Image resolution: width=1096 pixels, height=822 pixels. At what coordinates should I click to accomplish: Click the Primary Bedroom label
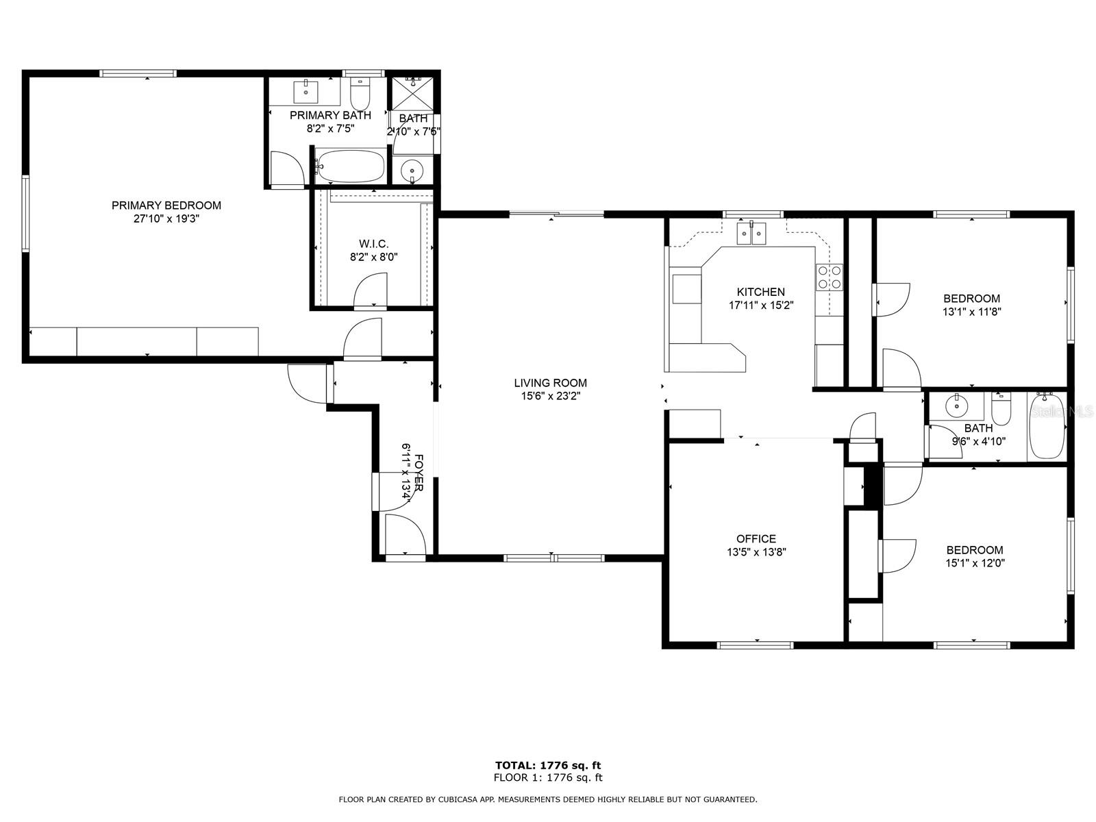point(166,205)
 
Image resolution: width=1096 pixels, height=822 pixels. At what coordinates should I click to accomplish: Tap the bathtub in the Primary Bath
point(351,166)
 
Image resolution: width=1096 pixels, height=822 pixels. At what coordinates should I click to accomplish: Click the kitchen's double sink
point(751,233)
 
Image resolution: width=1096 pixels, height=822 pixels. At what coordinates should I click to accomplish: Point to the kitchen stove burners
point(830,277)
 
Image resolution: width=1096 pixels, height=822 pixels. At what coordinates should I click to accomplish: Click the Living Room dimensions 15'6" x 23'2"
point(550,397)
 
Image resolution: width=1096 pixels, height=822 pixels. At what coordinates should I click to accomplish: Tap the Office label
point(756,539)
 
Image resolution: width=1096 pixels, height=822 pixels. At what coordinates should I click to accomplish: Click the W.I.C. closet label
point(373,244)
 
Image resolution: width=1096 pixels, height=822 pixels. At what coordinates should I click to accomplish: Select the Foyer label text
point(419,473)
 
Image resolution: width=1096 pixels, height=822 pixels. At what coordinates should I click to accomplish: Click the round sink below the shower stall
point(412,170)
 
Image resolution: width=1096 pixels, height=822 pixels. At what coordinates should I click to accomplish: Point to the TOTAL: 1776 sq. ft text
point(548,765)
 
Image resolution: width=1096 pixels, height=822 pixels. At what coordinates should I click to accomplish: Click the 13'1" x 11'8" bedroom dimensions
point(971,312)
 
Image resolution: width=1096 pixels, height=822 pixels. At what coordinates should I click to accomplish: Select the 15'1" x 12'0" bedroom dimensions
point(975,564)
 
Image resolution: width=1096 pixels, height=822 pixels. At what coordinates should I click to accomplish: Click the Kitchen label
point(761,292)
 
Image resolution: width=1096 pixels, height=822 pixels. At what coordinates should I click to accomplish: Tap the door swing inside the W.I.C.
point(371,290)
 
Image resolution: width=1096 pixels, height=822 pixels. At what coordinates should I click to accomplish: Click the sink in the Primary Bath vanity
point(305,91)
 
